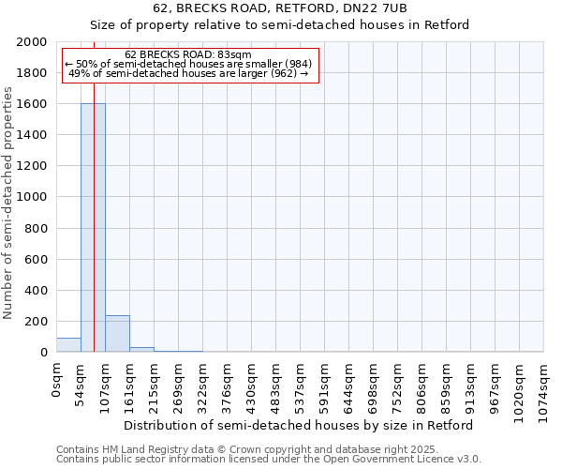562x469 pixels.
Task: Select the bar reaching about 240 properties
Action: (x=117, y=334)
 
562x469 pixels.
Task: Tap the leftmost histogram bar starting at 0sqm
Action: (x=68, y=345)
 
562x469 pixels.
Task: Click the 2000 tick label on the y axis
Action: (x=33, y=42)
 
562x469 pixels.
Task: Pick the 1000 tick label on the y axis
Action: (x=33, y=197)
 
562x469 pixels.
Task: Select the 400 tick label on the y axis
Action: (x=37, y=291)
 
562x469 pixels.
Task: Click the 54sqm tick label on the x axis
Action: (x=81, y=384)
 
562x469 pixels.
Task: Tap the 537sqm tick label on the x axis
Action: (x=301, y=386)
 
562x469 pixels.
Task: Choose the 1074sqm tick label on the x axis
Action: (x=544, y=389)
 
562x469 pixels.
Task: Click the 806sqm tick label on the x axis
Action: (x=422, y=386)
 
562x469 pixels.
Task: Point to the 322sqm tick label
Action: (x=203, y=386)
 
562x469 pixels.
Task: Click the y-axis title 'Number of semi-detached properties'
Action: (x=9, y=203)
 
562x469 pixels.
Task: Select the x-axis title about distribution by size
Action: (x=299, y=425)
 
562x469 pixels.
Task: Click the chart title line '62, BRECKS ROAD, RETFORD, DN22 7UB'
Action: (x=280, y=8)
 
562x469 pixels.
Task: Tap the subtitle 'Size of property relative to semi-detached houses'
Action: (x=280, y=25)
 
